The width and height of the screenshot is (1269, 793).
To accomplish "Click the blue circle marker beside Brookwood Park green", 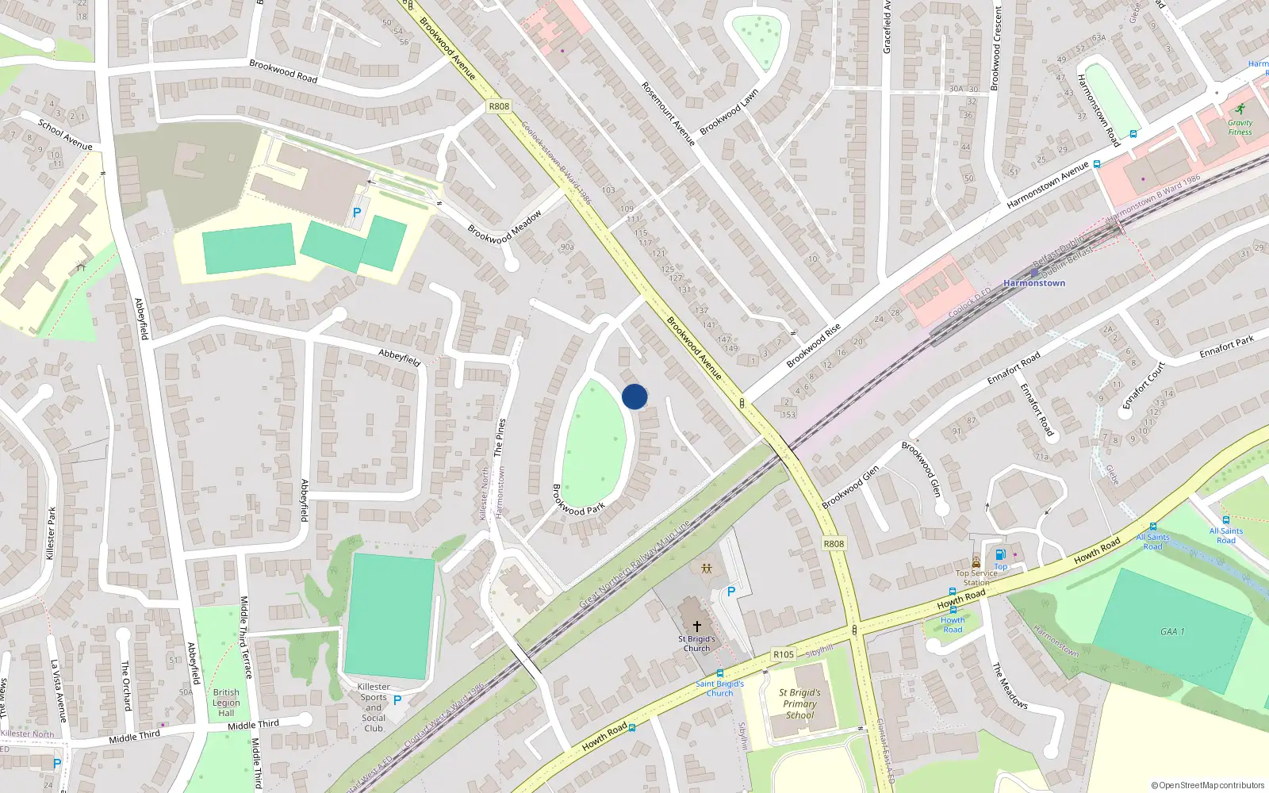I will [x=634, y=396].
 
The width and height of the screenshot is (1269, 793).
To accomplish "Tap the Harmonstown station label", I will [x=1034, y=283].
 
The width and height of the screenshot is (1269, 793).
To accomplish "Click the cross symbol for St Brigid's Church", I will [x=697, y=626].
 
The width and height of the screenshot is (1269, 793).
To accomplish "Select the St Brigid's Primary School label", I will [x=799, y=703].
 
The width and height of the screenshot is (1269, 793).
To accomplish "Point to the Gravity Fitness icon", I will [x=1240, y=109].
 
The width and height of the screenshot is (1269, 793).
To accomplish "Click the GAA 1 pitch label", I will [x=1172, y=631].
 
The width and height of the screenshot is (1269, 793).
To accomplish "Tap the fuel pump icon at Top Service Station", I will [x=1000, y=554].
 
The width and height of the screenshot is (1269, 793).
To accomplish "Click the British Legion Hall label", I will [x=226, y=703].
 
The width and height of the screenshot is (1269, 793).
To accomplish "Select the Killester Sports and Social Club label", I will [x=373, y=707].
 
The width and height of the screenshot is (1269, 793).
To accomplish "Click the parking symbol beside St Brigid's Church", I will [x=731, y=592].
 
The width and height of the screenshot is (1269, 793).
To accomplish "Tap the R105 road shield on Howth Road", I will [x=783, y=654].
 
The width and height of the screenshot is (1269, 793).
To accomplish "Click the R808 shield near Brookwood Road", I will [x=499, y=106].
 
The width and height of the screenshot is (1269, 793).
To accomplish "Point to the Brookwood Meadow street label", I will [x=505, y=226].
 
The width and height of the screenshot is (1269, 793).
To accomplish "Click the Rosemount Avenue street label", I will [x=668, y=113].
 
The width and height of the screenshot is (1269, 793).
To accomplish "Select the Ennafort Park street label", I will [x=1226, y=347].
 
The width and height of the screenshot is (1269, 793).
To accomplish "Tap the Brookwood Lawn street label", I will [x=729, y=112].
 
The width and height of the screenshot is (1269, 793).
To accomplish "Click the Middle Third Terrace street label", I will [x=245, y=637].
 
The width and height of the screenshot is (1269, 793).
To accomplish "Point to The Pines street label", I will [x=500, y=437].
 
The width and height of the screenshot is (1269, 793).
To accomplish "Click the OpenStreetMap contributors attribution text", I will [x=1208, y=786].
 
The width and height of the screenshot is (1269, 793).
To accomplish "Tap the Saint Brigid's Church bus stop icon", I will [x=720, y=673].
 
